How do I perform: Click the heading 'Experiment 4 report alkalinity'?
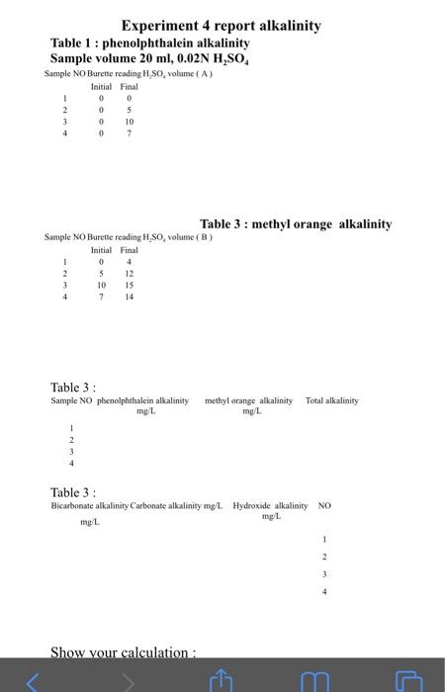point(221,26)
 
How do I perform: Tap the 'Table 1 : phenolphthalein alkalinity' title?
point(150,43)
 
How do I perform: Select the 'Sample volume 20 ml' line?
point(149,59)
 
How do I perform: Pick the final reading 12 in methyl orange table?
point(129,273)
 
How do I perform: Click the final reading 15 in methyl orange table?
point(129,285)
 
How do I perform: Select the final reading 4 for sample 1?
point(129,261)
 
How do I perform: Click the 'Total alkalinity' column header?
point(332,400)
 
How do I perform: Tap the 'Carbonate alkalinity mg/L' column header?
point(177,505)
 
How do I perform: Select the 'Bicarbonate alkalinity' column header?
point(89,505)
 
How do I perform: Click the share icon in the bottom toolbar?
point(222,680)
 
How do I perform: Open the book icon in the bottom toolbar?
point(315,680)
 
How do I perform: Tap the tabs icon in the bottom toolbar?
point(407,680)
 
